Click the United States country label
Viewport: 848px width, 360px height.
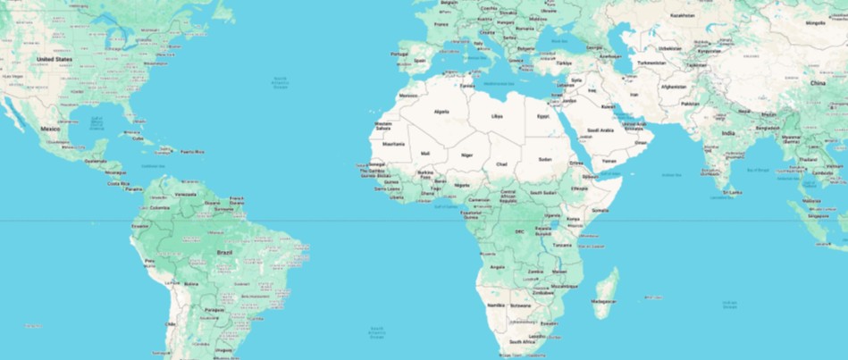tap(53, 59)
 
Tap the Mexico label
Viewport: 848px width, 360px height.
tap(50, 129)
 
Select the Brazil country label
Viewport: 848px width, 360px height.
tap(224, 253)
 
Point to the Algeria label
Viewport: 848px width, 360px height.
tap(441, 112)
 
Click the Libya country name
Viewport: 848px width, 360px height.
tap(497, 116)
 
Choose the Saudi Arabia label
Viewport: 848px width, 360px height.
tap(600, 130)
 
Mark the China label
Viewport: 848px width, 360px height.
tap(817, 82)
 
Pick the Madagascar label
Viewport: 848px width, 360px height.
tap(602, 301)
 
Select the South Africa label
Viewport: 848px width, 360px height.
tap(522, 342)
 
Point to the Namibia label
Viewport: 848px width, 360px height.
tap(496, 306)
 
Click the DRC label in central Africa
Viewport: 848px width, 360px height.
tap(519, 231)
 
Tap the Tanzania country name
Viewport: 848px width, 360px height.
tap(562, 245)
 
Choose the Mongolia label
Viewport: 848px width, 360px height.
tap(815, 22)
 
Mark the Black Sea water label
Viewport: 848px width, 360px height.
tap(560, 40)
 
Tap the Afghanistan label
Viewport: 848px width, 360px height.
tap(673, 87)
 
